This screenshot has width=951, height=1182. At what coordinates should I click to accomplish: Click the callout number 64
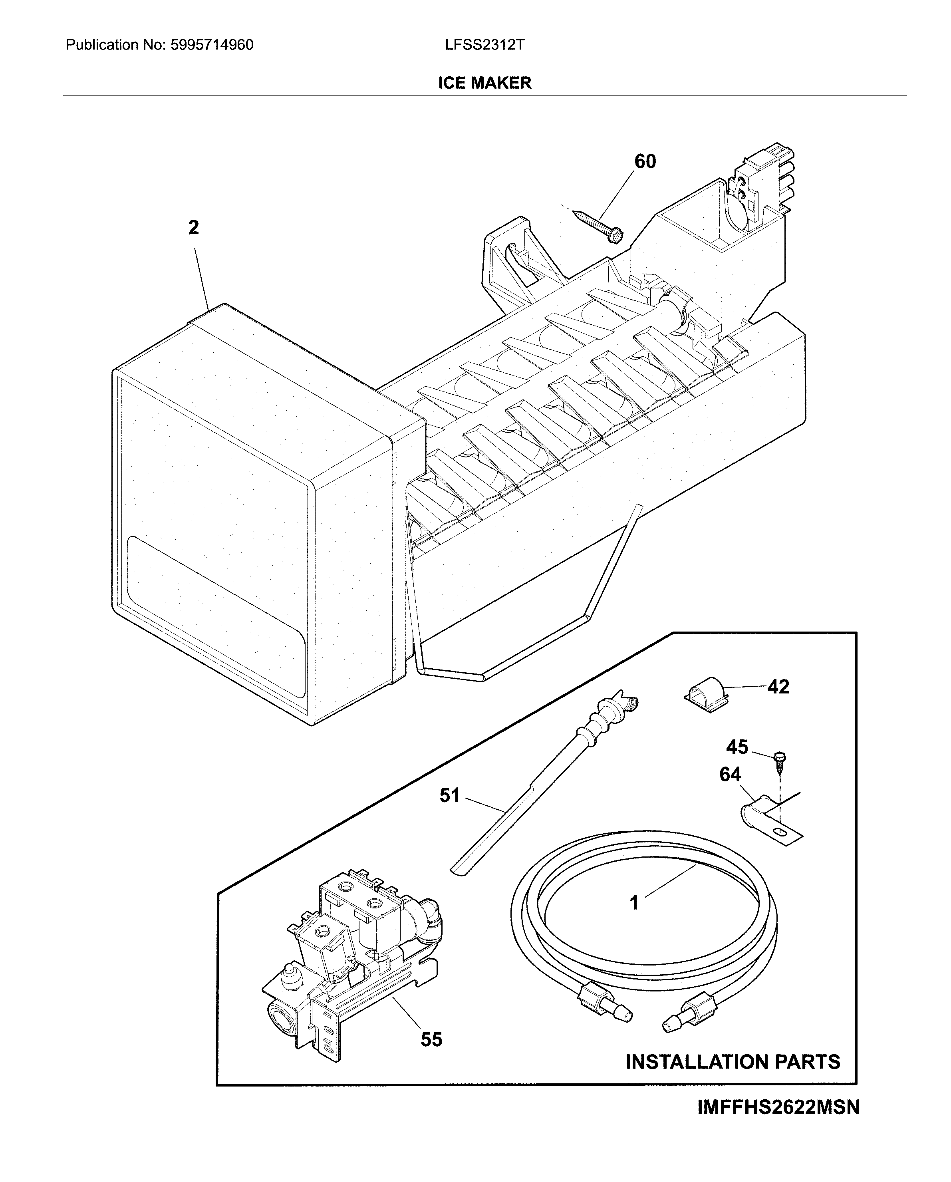[730, 774]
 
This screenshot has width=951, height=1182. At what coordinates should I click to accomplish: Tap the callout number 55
[431, 1039]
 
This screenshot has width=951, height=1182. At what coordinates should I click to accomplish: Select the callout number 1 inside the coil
[634, 902]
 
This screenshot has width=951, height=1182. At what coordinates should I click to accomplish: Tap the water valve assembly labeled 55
[351, 965]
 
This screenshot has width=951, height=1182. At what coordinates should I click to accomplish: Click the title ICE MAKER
[484, 83]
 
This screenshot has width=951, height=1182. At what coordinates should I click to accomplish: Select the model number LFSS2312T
[484, 45]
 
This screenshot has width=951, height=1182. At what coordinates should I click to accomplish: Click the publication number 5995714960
[212, 45]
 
